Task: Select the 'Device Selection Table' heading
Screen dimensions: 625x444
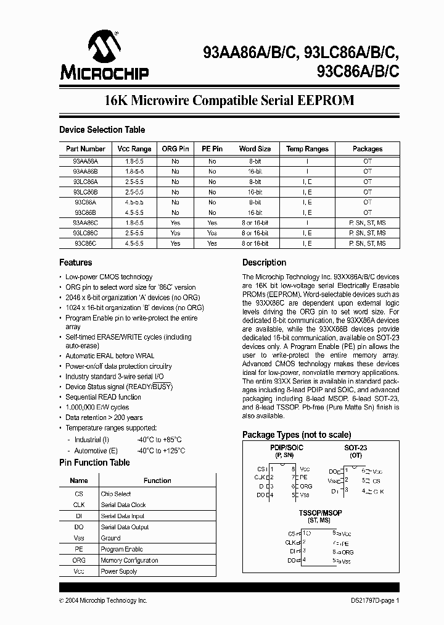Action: click(102, 130)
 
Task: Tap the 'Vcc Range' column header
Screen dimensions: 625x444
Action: click(134, 149)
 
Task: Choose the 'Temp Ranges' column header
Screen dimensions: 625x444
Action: click(307, 149)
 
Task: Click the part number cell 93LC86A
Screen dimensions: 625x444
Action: click(85, 182)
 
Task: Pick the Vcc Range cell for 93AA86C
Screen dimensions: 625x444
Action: click(134, 223)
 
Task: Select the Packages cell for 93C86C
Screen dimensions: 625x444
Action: click(368, 244)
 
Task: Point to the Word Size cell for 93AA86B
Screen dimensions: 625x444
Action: click(255, 171)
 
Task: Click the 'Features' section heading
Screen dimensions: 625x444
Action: click(76, 262)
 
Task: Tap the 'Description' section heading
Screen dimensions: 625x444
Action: click(264, 262)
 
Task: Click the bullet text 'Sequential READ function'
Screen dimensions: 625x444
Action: click(103, 397)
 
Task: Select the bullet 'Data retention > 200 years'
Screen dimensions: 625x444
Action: click(104, 417)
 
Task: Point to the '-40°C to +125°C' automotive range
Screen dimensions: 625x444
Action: click(161, 451)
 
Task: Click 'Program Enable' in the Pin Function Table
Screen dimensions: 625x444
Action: click(121, 549)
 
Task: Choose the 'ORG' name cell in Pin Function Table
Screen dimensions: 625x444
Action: click(79, 560)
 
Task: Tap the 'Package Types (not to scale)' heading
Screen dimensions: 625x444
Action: click(297, 435)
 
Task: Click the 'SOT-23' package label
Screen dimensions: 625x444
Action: click(356, 447)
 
